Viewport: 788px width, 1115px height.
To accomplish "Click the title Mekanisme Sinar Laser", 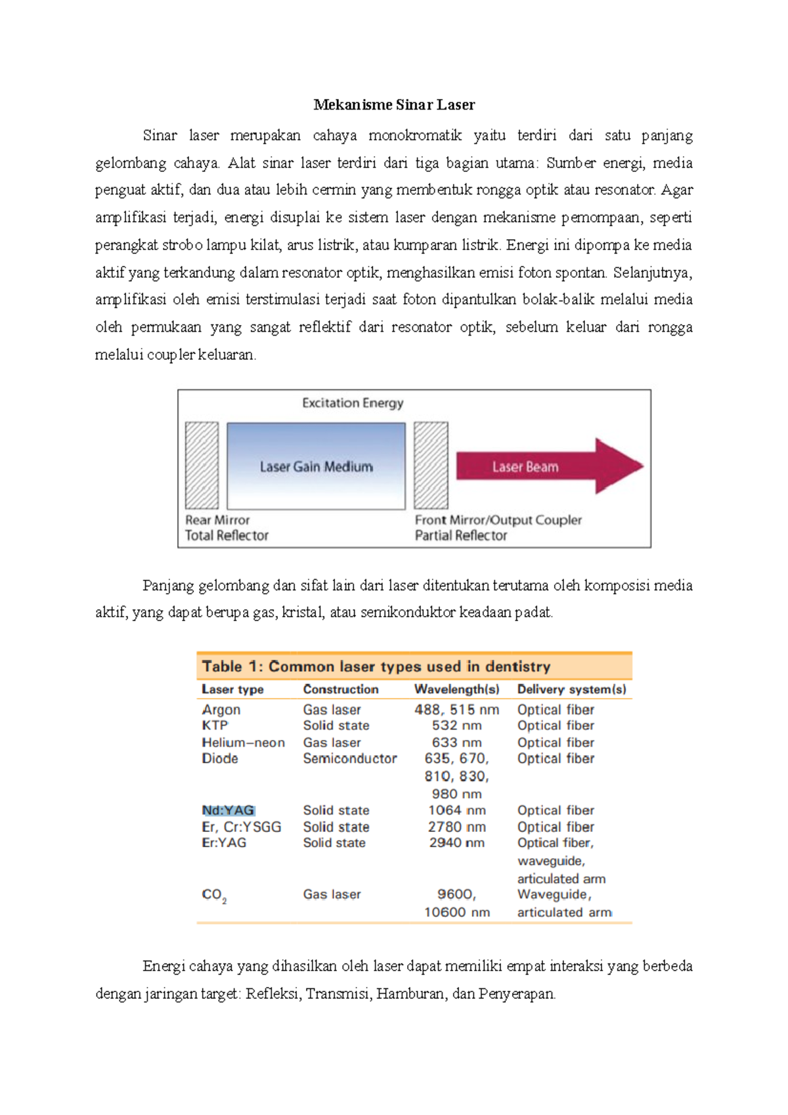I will coord(394,105).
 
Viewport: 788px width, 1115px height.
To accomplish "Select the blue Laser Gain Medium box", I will coord(316,466).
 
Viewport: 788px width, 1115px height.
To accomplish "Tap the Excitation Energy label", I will coord(353,403).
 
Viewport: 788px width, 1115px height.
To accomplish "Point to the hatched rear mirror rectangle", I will coord(202,466).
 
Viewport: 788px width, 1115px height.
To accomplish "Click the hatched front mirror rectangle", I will coord(431,466).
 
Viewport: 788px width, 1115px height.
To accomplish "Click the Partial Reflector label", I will coord(461,536).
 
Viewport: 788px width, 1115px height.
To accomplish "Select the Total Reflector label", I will coord(227,536).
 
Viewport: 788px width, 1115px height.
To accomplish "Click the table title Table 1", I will coord(376,667).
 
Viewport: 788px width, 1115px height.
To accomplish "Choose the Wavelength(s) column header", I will coord(456,689).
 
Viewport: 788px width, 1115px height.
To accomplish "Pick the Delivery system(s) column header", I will coord(571,689).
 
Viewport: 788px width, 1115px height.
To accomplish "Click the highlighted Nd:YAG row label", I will coord(228,810).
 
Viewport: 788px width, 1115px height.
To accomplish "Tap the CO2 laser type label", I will coord(214,895).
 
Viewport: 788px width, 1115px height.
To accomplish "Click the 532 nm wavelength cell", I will coord(456,726).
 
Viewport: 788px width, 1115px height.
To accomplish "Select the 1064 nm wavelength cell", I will coord(456,810).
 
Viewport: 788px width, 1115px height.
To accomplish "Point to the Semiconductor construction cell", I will coord(350,758).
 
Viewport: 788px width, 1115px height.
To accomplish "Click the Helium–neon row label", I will coord(243,743).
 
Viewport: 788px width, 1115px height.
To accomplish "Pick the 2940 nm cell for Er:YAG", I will coord(456,842).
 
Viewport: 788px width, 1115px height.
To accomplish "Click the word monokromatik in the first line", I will coord(415,136).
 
